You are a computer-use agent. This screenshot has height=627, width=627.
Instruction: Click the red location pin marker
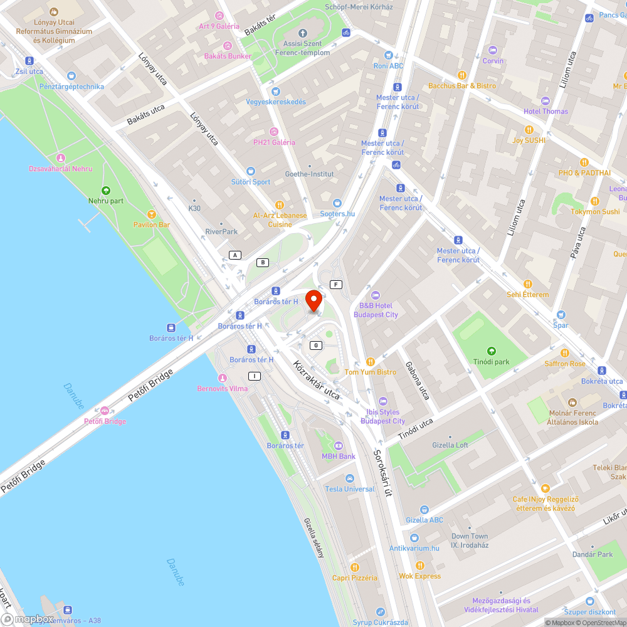[x=313, y=300]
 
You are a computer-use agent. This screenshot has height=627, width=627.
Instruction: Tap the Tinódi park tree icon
[x=492, y=351]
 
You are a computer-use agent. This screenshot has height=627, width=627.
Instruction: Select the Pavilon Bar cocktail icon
[x=151, y=214]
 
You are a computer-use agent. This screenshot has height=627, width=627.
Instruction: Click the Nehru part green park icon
[x=105, y=191]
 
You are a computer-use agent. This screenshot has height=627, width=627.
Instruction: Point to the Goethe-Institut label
[x=309, y=174]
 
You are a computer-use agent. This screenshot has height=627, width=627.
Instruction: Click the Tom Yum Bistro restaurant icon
[x=370, y=362]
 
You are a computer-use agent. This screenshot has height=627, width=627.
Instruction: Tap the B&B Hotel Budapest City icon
[x=376, y=295]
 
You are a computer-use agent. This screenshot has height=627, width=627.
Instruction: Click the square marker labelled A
[x=235, y=255]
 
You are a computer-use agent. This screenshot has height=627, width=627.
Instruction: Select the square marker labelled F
[x=337, y=285]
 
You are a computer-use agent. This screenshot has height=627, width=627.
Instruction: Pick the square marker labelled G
[x=316, y=345]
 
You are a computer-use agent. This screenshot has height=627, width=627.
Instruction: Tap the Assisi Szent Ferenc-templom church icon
[x=302, y=33]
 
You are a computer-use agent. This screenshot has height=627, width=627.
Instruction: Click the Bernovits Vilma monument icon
[x=222, y=378]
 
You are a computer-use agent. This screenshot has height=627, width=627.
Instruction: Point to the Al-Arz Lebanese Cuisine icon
[x=280, y=204]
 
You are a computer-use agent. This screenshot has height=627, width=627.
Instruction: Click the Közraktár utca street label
[x=316, y=379]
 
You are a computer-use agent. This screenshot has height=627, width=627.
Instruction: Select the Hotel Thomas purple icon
[x=545, y=100]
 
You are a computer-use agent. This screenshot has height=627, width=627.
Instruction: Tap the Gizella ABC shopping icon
[x=424, y=509]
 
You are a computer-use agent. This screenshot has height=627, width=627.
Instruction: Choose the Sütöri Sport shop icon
[x=251, y=171]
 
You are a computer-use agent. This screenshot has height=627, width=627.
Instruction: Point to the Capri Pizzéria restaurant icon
[x=354, y=567]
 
